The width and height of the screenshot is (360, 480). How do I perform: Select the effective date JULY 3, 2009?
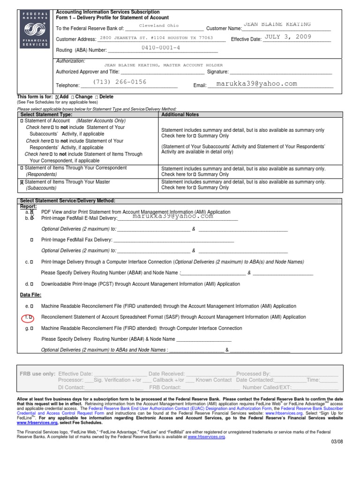pos(288,37)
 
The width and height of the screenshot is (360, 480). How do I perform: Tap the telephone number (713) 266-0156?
pos(120,82)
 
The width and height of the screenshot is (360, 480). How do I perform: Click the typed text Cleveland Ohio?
pos(159,26)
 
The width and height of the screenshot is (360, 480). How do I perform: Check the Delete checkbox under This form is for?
pos(97,97)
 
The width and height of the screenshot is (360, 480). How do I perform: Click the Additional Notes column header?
pos(180,114)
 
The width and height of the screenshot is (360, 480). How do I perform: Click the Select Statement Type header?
pos(45,114)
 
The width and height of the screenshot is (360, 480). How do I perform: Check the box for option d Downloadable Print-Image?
pos(31,284)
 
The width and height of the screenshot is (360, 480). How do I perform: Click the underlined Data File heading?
pos(30,295)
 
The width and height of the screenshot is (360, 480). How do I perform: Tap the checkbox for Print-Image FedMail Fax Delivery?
pos(31,240)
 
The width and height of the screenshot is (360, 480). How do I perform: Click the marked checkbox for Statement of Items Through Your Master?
pos(22,182)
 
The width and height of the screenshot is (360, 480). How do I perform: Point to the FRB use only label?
pos(37,374)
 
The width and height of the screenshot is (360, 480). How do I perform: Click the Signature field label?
pos(218,72)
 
